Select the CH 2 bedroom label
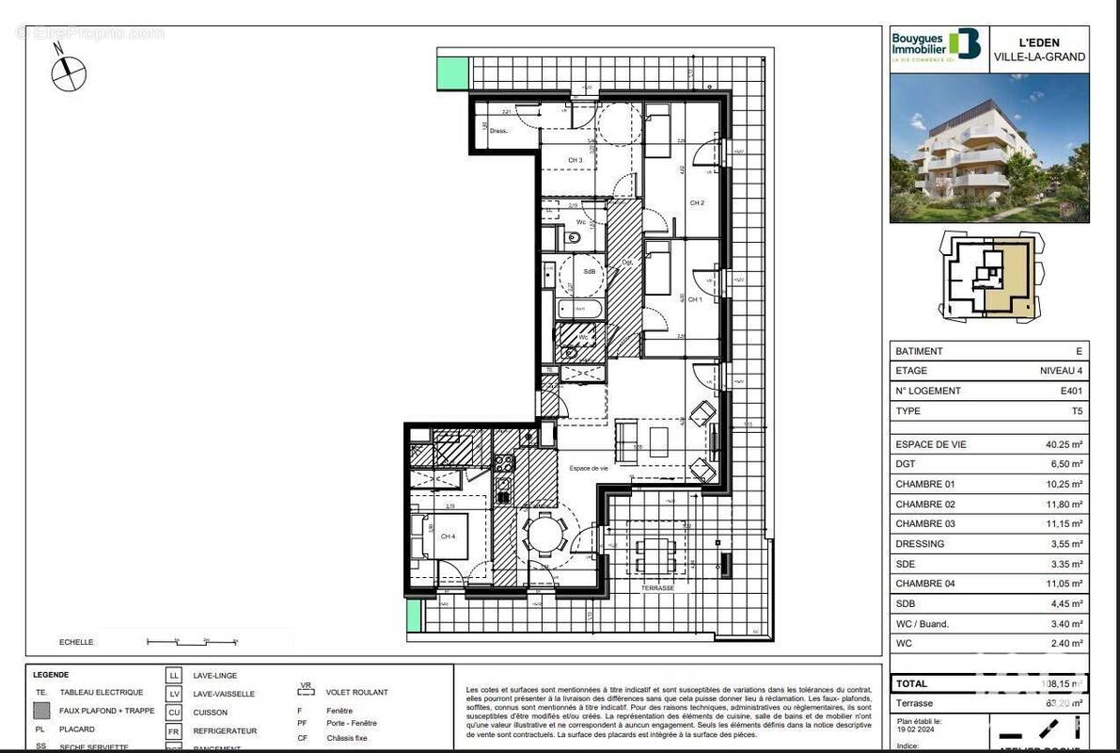click(x=697, y=202)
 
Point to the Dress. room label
click(x=499, y=131)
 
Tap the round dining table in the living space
click(x=544, y=536)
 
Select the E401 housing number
click(x=1070, y=391)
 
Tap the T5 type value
click(x=1076, y=410)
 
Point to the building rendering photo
click(x=989, y=149)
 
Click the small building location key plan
click(x=990, y=276)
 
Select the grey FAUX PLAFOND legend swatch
click(x=41, y=711)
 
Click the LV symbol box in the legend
click(x=174, y=694)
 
